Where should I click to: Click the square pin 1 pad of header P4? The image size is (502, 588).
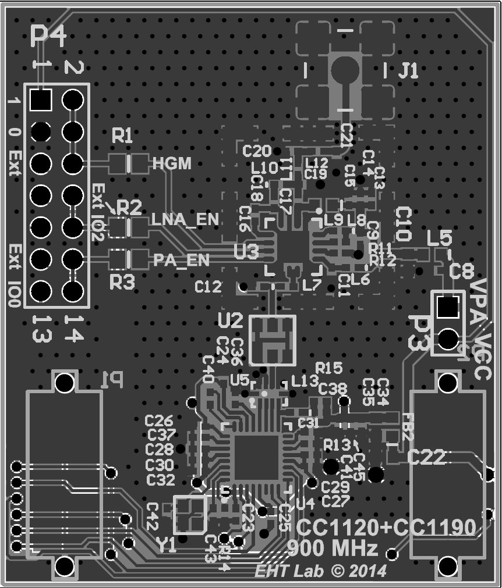[x=41, y=100]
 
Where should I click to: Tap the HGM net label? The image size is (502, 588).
[x=171, y=164]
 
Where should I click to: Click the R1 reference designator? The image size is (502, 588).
[x=122, y=137]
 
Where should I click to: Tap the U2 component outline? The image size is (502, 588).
[x=272, y=340]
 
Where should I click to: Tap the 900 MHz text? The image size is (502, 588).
[x=333, y=548]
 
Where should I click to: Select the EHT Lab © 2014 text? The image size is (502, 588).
[x=320, y=571]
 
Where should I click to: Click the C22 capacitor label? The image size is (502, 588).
[x=430, y=458]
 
